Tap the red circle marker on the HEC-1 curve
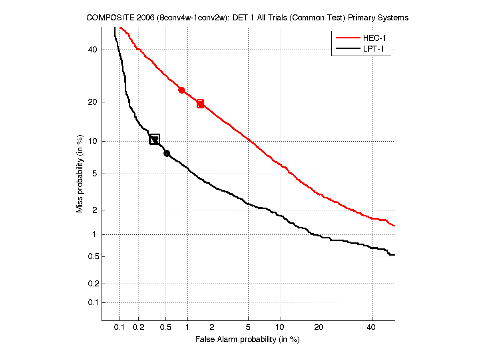pos(181,90)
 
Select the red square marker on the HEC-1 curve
pos(200,104)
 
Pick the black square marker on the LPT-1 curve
pos(155,139)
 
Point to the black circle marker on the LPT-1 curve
pos(167,153)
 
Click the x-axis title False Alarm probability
pos(247,339)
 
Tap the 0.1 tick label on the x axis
pos(120,327)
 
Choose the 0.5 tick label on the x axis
pos(165,327)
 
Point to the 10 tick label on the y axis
pos(93,141)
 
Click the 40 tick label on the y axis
pos(93,50)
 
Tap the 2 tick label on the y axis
pos(95,210)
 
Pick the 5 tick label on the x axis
pos(249,327)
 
